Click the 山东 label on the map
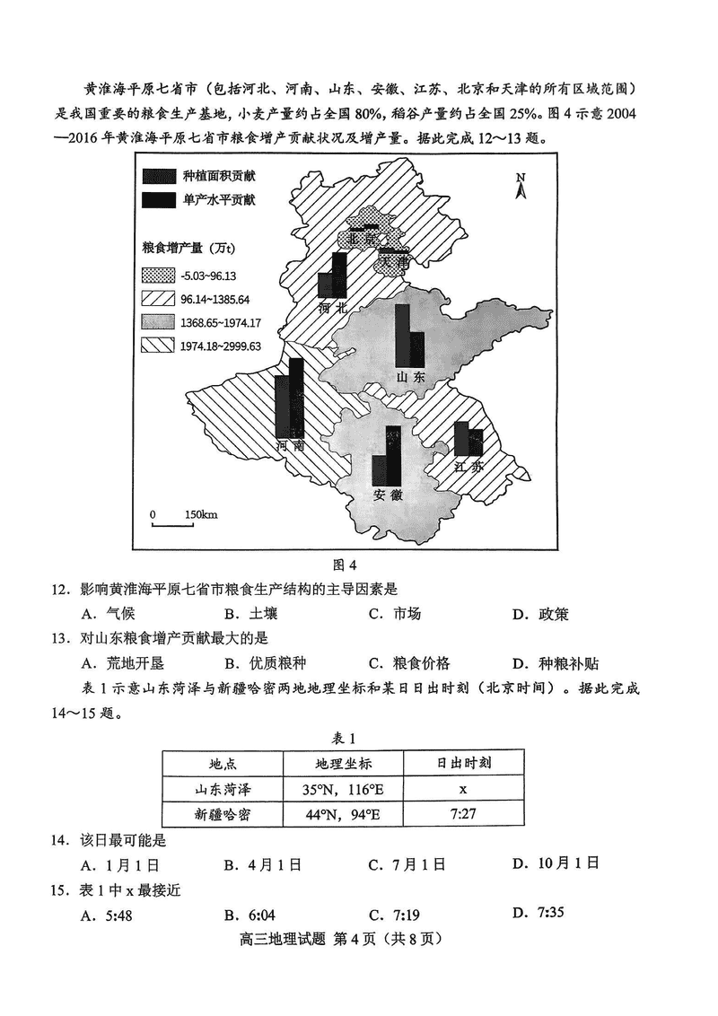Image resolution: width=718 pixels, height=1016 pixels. [x=411, y=377]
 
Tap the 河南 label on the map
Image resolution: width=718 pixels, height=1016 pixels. [x=291, y=445]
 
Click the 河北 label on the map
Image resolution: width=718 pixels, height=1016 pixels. [x=332, y=308]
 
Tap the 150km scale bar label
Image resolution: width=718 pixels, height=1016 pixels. [x=201, y=514]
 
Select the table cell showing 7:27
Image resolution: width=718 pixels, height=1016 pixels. [x=462, y=814]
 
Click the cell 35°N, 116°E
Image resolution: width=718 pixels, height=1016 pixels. [x=341, y=790]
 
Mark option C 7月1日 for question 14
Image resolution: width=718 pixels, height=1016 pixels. [x=407, y=864]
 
